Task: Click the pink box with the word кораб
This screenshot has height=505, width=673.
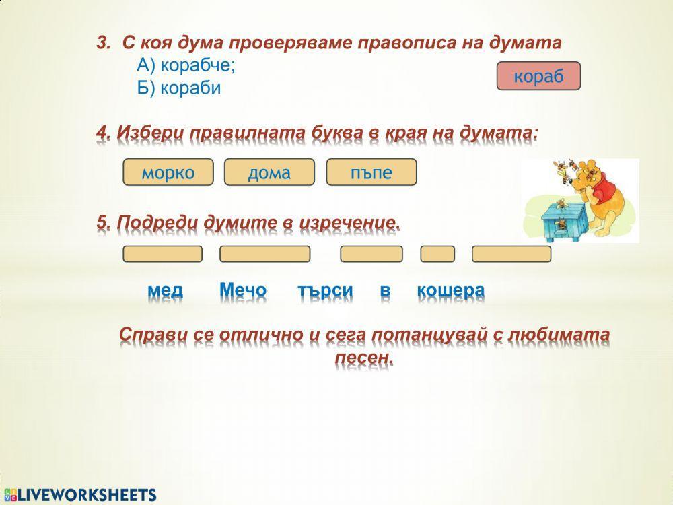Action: (x=538, y=76)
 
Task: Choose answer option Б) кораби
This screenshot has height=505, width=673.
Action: (x=179, y=88)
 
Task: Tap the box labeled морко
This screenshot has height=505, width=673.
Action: (x=168, y=172)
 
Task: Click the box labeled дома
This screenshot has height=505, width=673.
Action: (x=269, y=172)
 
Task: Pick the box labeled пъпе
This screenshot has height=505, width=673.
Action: (x=371, y=172)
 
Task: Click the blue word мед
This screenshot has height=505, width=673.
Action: (x=165, y=290)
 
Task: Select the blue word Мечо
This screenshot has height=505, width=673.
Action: (x=243, y=290)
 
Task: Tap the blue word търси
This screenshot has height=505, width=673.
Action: (x=325, y=290)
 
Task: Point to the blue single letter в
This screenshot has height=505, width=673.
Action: (x=385, y=290)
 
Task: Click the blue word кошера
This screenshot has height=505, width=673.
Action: (x=450, y=290)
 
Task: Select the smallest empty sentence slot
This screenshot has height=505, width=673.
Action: (x=437, y=254)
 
